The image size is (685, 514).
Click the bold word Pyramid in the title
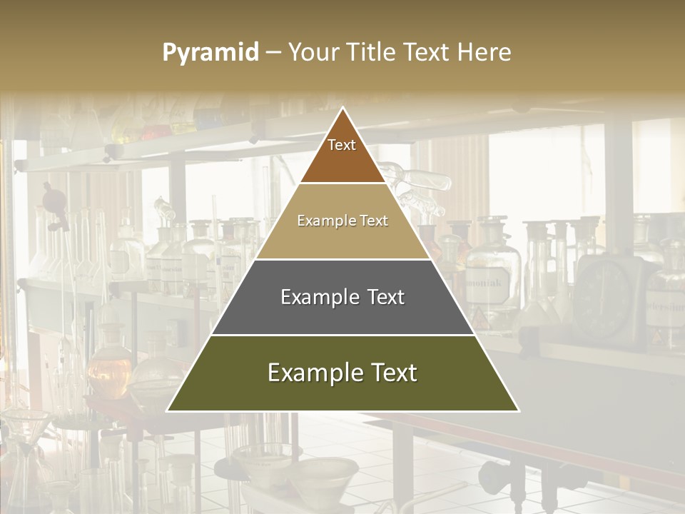pos(210,53)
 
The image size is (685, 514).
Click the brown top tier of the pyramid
pos(342,161)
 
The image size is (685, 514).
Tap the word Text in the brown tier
pos(342,145)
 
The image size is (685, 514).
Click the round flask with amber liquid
pos(109,368)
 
